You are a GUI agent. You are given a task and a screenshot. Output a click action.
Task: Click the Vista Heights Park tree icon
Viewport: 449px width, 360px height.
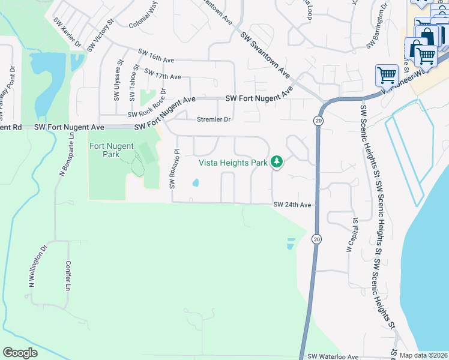tap(276, 161)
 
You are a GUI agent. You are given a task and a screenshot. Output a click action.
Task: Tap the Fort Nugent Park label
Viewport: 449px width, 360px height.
tap(112, 150)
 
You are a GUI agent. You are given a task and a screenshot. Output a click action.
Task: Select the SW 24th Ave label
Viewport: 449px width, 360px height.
tap(292, 205)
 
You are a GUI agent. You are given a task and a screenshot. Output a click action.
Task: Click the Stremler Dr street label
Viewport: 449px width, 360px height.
tap(214, 119)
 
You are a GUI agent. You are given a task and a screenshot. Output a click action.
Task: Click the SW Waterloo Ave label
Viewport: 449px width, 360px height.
tap(333, 356)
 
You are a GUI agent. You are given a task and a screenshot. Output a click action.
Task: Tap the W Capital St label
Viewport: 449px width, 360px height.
tap(352, 235)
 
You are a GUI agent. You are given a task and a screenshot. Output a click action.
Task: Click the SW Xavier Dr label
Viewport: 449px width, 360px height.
tap(68, 32)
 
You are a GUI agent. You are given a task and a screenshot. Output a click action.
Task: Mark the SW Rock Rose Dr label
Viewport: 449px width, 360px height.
tap(146, 103)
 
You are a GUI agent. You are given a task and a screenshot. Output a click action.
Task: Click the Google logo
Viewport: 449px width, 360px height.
tap(20, 353)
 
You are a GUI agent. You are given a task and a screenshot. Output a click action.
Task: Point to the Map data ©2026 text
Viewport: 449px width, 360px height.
tap(424, 355)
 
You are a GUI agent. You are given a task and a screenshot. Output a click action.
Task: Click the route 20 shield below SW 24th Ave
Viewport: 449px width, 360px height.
tap(316, 239)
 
